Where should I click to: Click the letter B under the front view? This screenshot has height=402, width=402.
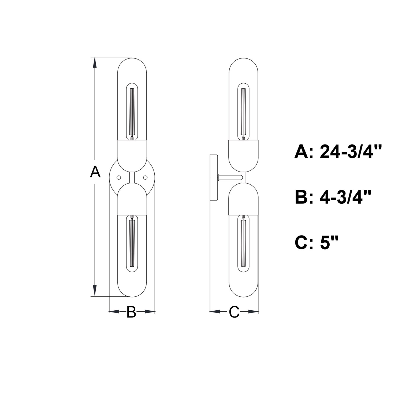[131, 312]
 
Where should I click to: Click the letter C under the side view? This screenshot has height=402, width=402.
[234, 312]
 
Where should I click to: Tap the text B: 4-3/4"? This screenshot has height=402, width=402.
[333, 198]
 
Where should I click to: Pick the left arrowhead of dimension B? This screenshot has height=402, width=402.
[114, 311]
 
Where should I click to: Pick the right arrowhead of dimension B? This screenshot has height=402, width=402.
[150, 311]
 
